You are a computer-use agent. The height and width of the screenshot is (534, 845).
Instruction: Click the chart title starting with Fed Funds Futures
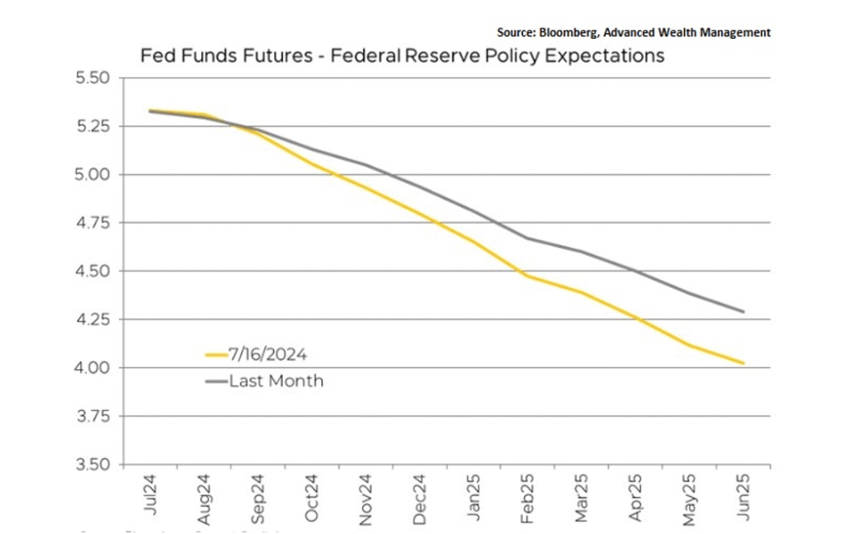click(x=402, y=57)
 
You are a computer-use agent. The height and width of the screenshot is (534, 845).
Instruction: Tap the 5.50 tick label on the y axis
click(x=92, y=78)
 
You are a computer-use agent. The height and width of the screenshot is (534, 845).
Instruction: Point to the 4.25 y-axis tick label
click(x=92, y=319)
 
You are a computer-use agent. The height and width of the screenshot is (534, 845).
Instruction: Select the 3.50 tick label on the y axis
click(x=92, y=464)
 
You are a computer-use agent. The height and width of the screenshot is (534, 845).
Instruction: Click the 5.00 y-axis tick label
click(x=92, y=175)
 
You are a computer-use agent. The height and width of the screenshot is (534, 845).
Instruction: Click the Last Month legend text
click(x=276, y=381)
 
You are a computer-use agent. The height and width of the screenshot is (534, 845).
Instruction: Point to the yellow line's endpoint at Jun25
click(x=744, y=363)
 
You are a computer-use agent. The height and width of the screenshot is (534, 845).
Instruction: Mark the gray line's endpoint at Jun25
click(x=744, y=312)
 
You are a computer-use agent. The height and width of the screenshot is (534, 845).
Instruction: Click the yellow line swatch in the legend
click(x=216, y=355)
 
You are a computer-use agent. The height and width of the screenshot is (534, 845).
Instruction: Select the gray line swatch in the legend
click(x=216, y=381)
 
